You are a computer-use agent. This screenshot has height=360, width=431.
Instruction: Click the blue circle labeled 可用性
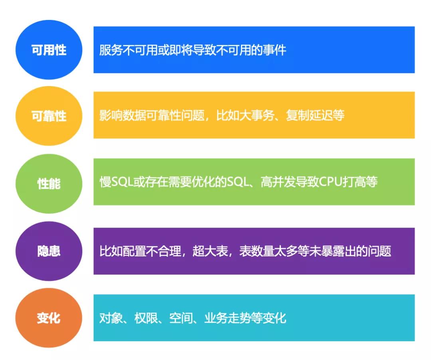pyautogui.click(x=49, y=50)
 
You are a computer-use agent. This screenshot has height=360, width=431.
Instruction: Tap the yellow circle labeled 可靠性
pyautogui.click(x=49, y=116)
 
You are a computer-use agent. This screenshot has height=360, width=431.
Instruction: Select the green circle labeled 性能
pyautogui.click(x=49, y=183)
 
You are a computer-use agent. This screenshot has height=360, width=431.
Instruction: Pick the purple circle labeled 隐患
pyautogui.click(x=49, y=251)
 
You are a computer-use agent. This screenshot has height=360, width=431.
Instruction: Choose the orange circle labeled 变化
pyautogui.click(x=49, y=318)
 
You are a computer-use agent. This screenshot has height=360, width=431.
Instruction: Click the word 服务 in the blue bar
pyautogui.click(x=111, y=50)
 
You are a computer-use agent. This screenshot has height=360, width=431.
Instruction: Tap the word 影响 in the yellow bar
pyautogui.click(x=111, y=115)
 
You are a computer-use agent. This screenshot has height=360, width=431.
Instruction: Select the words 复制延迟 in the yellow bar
pyautogui.click(x=309, y=115)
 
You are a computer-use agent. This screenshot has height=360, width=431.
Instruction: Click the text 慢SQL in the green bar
pyautogui.click(x=116, y=182)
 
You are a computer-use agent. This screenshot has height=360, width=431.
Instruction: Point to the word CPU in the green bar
pyautogui.click(x=331, y=182)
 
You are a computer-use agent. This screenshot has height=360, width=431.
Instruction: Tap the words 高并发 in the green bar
pyautogui.click(x=278, y=182)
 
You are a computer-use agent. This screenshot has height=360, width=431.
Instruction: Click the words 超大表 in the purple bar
pyautogui.click(x=210, y=251)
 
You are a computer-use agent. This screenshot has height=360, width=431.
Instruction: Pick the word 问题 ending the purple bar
pyautogui.click(x=380, y=251)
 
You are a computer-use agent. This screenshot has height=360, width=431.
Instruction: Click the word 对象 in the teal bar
pyautogui.click(x=111, y=318)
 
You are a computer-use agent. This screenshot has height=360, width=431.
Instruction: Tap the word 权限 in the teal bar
pyautogui.click(x=146, y=318)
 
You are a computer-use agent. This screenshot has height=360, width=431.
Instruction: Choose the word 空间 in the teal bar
pyautogui.click(x=181, y=318)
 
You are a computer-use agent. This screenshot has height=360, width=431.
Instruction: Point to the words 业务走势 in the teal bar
pyautogui.click(x=227, y=318)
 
